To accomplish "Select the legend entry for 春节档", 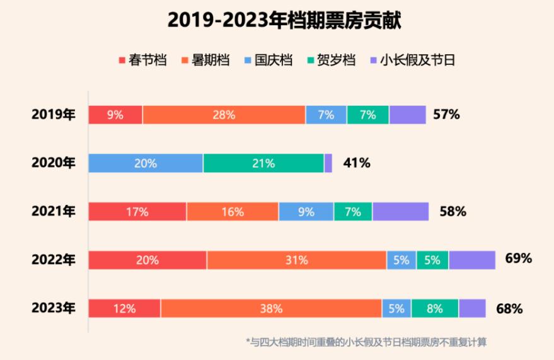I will coord(144,61).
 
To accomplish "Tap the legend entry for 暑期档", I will coord(205,61).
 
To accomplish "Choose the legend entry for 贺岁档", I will coord(331,61).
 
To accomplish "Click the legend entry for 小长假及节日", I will coord(412,61).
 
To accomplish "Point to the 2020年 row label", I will coord(54,163).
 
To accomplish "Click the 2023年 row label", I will coord(54,308).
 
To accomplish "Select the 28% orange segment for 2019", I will coord(224,115).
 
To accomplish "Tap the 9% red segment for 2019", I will coord(115,115).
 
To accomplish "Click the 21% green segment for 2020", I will coord(263,163).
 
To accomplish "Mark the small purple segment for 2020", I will coord(328,163).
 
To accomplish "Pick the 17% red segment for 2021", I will coord(137,212).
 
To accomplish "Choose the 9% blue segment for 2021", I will coord(306,212).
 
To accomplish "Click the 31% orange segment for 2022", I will coord(296,260).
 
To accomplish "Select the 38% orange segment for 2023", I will coord(271,308).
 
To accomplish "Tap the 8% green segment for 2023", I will coord(435,308).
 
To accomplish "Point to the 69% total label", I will coord(518,258).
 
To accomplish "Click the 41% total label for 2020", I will coord(357,163).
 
